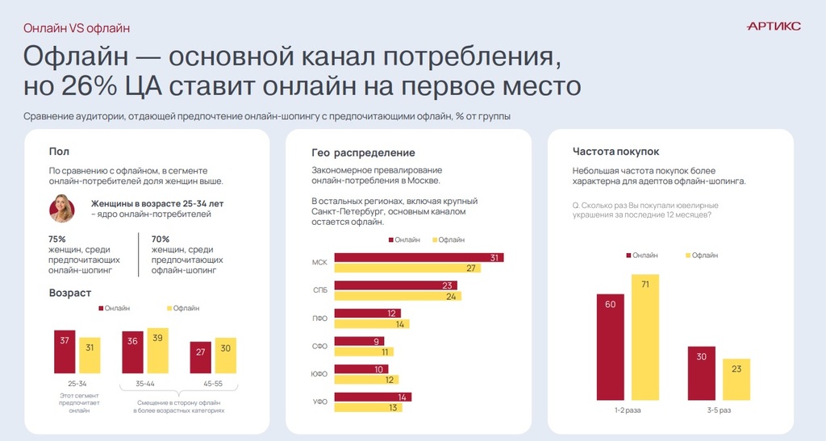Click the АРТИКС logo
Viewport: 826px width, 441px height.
point(774,27)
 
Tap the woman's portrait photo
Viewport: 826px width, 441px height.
point(62,208)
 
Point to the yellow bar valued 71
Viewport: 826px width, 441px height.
point(645,337)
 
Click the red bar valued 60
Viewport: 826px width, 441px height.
point(611,347)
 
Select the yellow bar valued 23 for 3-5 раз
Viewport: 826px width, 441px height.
point(736,380)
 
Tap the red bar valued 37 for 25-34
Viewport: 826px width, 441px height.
point(65,352)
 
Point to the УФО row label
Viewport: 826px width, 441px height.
point(319,401)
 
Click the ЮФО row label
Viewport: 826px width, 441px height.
point(319,374)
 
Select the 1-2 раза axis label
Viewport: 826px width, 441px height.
point(628,410)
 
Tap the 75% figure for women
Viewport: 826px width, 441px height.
point(57,239)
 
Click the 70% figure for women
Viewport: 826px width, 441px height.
point(161,239)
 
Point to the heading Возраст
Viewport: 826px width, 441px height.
point(70,292)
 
